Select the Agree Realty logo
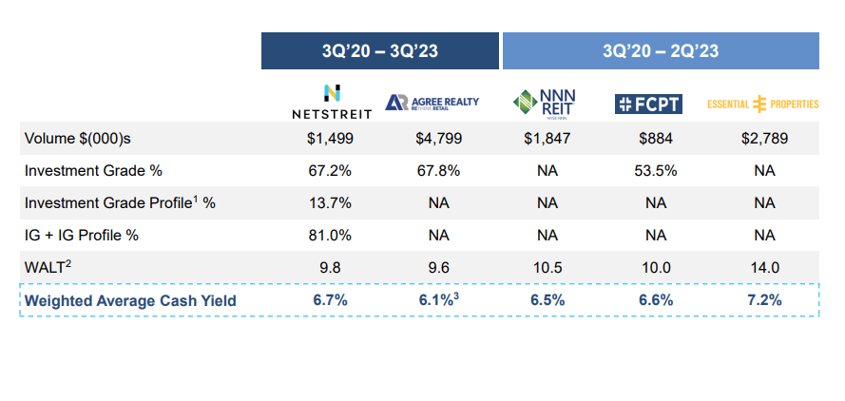(x=432, y=103)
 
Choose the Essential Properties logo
(x=763, y=104)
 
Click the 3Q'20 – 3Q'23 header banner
(x=380, y=51)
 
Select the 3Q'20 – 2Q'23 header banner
(x=661, y=51)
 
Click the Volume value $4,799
(x=438, y=139)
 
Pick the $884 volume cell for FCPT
(x=656, y=139)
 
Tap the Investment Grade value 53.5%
(x=656, y=171)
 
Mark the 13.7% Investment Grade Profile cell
(x=331, y=202)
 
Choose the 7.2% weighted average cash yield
(x=764, y=300)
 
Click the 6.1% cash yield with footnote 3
(x=438, y=300)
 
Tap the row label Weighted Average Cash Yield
(x=130, y=301)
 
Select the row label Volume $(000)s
(x=78, y=139)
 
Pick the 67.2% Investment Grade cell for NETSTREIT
(x=331, y=171)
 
